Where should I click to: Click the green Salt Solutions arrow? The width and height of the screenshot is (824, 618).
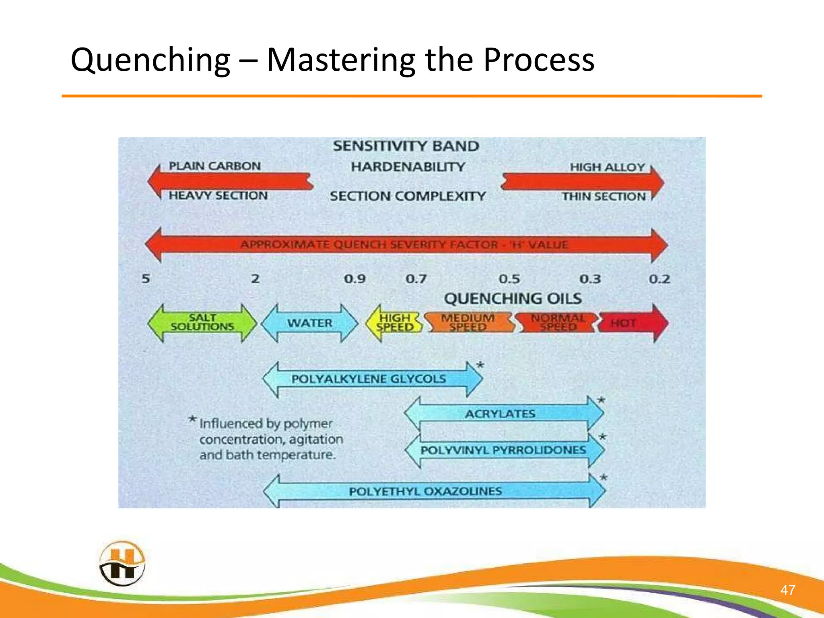coord(202,323)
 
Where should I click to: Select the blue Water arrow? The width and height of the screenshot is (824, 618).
coord(309,323)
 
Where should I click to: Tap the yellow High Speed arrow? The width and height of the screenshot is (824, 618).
coord(394,323)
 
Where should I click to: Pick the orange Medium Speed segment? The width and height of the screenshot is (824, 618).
coord(468,323)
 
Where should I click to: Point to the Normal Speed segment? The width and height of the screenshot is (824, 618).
coord(558,323)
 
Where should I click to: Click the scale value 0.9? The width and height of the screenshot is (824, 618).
coord(354,279)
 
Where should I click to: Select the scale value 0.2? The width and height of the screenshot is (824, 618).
coord(659,279)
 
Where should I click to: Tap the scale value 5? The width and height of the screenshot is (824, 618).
coord(146,278)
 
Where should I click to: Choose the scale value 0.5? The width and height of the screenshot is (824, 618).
coord(509,279)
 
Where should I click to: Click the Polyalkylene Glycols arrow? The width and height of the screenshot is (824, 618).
coord(369,379)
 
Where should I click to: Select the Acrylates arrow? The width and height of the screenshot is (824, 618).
coord(500,414)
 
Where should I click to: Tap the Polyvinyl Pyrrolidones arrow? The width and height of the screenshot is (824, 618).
coord(503,450)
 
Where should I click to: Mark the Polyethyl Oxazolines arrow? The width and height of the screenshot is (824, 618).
coord(425,491)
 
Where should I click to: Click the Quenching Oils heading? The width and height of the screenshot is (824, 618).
coord(513,299)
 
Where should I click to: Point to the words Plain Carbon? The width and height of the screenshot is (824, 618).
coord(214,166)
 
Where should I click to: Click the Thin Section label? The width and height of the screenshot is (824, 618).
coord(604,197)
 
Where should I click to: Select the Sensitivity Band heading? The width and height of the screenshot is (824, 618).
coord(406,146)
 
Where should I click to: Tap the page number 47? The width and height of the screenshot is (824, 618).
coord(787,590)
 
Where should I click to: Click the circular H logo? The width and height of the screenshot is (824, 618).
coord(122,564)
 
